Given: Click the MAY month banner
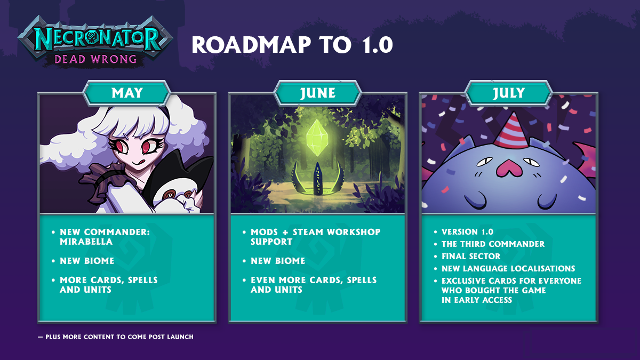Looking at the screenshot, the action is pyautogui.click(x=126, y=93).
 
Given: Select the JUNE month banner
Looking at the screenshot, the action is pyautogui.click(x=317, y=93).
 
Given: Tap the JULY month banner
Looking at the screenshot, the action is pyautogui.click(x=509, y=93).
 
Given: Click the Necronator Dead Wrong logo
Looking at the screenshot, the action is pyautogui.click(x=95, y=42).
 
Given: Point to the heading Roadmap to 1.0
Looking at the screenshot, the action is pyautogui.click(x=292, y=45).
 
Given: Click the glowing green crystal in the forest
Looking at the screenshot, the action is pyautogui.click(x=317, y=138).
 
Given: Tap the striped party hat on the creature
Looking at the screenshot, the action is pyautogui.click(x=511, y=130).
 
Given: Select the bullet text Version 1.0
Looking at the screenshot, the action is pyautogui.click(x=467, y=231).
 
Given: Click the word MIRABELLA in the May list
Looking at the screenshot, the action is pyautogui.click(x=86, y=242).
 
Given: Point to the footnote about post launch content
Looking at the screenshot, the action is pyautogui.click(x=116, y=337).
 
